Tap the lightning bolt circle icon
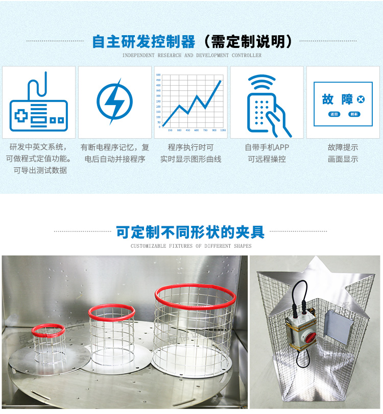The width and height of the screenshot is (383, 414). point(114,100)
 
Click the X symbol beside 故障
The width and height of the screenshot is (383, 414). point(361,99)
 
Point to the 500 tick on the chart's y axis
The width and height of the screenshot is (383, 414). point(158,75)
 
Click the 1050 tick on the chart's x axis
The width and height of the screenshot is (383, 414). point(223,130)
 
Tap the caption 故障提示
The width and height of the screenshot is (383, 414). point(343,147)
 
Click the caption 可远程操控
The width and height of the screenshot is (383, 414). point(267,159)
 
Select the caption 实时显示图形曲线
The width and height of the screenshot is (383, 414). point(190,159)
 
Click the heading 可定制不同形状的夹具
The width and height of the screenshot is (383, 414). point(190,232)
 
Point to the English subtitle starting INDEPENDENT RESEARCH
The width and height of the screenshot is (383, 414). point(192,55)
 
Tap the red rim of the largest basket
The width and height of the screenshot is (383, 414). point(196,295)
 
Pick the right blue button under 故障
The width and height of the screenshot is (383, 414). point(354,114)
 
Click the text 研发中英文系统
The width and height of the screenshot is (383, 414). point(39,147)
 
